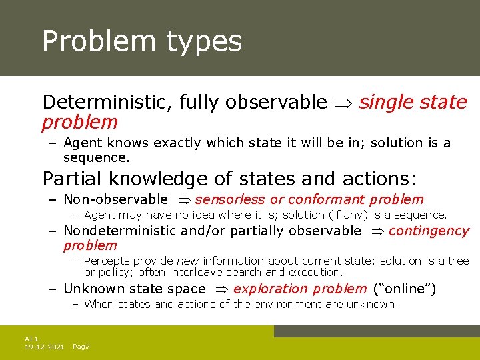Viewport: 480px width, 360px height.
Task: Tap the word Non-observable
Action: click(x=115, y=199)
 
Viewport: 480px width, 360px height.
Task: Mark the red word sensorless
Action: click(x=230, y=199)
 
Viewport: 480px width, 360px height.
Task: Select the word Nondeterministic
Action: click(x=119, y=231)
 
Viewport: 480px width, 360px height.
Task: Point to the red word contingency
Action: click(x=429, y=231)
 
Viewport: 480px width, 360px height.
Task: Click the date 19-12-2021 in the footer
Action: click(x=44, y=347)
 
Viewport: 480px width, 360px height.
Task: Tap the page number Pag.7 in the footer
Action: click(x=81, y=347)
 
